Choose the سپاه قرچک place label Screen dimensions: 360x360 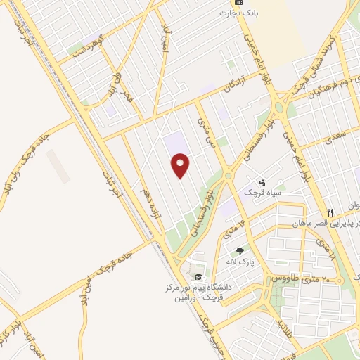(262, 192)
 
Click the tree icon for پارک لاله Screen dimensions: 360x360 (240, 251)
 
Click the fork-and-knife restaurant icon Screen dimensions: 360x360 (328, 212)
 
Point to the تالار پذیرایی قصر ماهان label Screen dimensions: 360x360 (330, 223)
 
